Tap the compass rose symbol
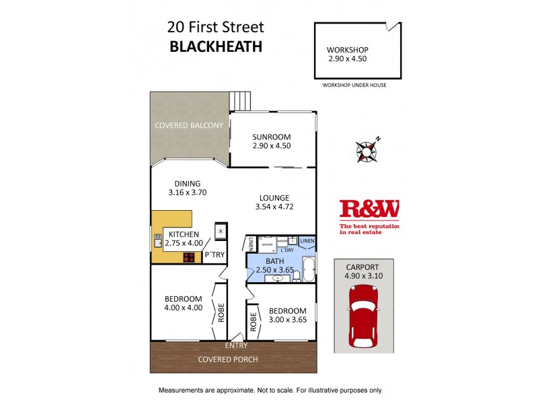[x=367, y=151]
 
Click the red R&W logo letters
[x=369, y=210]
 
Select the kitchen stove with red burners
[x=190, y=256]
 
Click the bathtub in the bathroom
[x=308, y=269]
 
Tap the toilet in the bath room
[x=296, y=276]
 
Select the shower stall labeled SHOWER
[x=266, y=245]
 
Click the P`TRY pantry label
[x=215, y=255]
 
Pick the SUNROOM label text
[x=272, y=136]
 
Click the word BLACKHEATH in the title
[x=215, y=47]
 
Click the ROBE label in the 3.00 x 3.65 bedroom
[x=254, y=323]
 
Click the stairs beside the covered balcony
[x=239, y=100]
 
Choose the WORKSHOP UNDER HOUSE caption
[x=354, y=86]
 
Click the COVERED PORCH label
[x=227, y=359]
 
